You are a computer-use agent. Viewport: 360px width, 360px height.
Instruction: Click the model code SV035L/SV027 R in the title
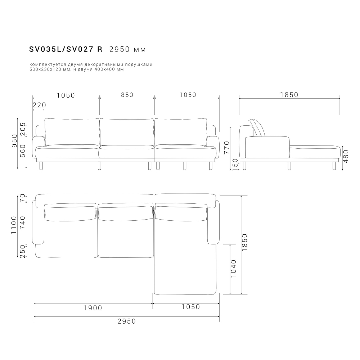(66, 49)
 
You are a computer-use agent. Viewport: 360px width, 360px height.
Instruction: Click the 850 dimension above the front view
(127, 95)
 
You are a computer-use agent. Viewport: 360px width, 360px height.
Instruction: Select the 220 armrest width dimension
(39, 105)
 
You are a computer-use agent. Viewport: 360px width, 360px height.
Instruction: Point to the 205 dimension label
(23, 129)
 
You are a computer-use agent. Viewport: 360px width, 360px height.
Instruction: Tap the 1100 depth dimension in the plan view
(14, 225)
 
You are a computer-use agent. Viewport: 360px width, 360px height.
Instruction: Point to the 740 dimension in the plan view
(23, 223)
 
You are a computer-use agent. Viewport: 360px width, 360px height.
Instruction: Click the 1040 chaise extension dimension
(233, 268)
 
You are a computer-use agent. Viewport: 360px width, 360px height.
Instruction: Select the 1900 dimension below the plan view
(93, 308)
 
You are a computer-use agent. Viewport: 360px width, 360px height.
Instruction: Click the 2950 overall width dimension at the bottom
(127, 321)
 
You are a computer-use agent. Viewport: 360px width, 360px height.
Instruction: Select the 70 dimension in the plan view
(23, 198)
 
